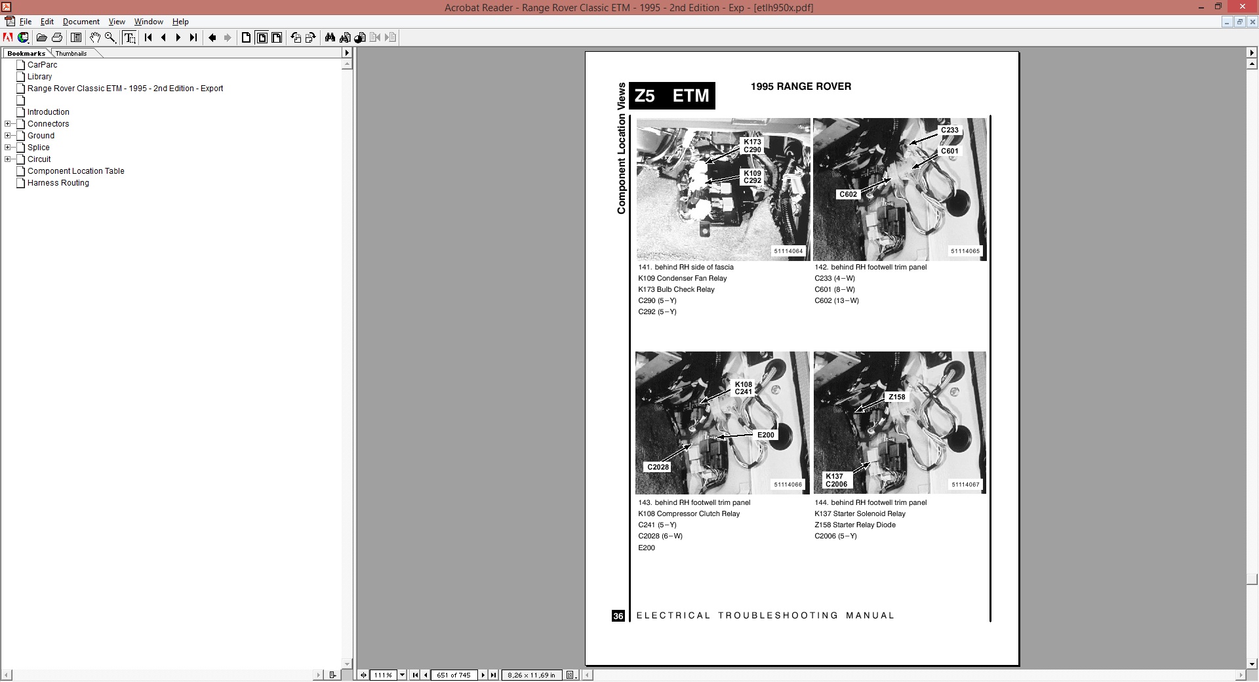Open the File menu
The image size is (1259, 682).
click(x=26, y=22)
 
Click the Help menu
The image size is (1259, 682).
click(x=180, y=22)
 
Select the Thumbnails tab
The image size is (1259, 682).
click(x=71, y=53)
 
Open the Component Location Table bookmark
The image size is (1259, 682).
click(x=75, y=171)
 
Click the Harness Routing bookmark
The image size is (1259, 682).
click(x=58, y=183)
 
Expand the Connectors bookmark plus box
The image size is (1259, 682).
click(x=8, y=124)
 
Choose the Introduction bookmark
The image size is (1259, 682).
click(x=48, y=112)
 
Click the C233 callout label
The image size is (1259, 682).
click(x=949, y=130)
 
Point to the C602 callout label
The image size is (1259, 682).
click(x=848, y=194)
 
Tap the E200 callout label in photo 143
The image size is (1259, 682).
click(x=766, y=435)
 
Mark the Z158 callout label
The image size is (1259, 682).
click(x=896, y=397)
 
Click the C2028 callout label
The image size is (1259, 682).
click(x=658, y=467)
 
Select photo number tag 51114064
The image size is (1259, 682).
click(x=788, y=251)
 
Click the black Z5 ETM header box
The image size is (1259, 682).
click(x=672, y=96)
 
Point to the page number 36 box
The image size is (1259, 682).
click(x=618, y=616)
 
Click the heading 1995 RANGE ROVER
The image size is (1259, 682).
click(x=801, y=87)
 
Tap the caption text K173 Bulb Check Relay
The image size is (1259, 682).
click(x=676, y=289)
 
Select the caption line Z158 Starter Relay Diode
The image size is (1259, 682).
click(x=854, y=525)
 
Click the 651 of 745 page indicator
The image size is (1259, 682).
click(x=454, y=675)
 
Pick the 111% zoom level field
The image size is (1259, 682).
click(x=383, y=675)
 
